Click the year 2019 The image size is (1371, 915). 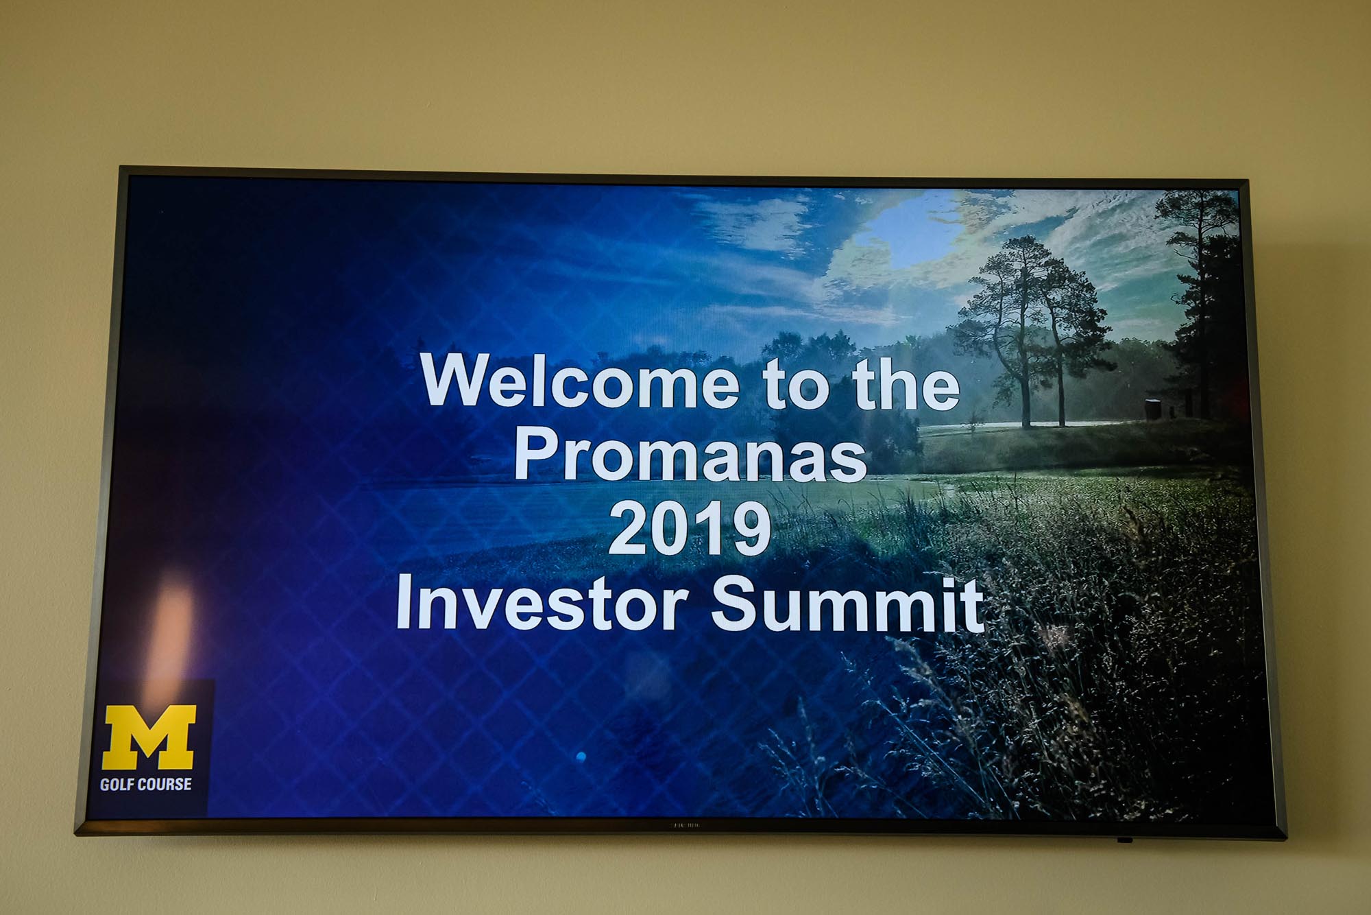coord(689,528)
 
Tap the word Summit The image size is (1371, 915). coord(847,604)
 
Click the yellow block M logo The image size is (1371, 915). coord(149,737)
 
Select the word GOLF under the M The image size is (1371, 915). coord(114,784)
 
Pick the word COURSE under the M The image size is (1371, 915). coord(162,784)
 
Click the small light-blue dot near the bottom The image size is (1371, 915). coord(581,757)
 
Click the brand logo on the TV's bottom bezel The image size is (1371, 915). coord(684,825)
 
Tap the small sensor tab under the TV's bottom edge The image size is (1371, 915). coord(1124,840)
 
